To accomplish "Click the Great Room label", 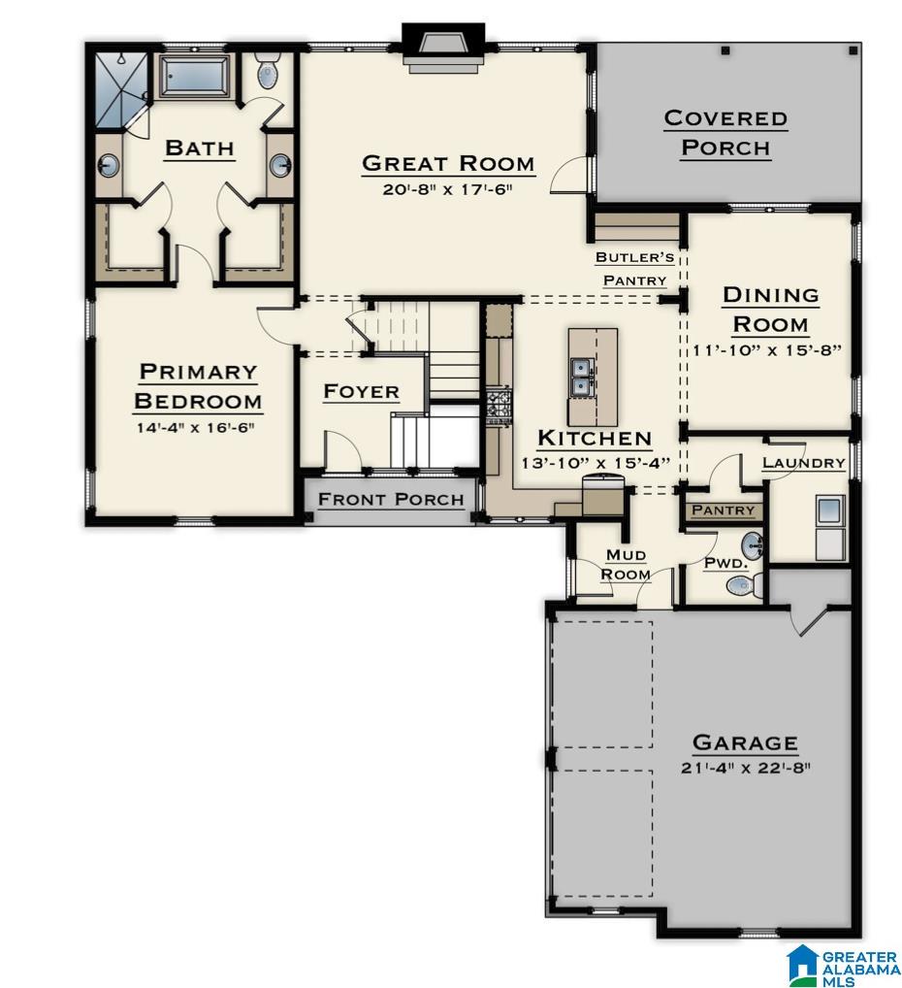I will (x=447, y=163).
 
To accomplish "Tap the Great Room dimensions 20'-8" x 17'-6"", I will (x=447, y=190).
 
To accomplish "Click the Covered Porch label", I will (x=725, y=133).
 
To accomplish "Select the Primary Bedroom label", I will (x=197, y=386).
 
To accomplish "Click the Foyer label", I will (x=361, y=392).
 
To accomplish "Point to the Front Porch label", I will (x=391, y=500).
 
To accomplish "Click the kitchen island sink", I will (x=583, y=377).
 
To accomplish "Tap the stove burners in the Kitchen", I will (x=499, y=405).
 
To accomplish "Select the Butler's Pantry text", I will (x=635, y=269).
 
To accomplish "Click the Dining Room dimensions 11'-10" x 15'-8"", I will (x=772, y=350).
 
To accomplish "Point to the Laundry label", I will (x=803, y=463).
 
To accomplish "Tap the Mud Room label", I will (x=627, y=564).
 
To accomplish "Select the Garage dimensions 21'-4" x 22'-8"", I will (x=745, y=768).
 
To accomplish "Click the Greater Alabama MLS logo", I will (x=843, y=965).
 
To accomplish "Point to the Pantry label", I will (x=724, y=510).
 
